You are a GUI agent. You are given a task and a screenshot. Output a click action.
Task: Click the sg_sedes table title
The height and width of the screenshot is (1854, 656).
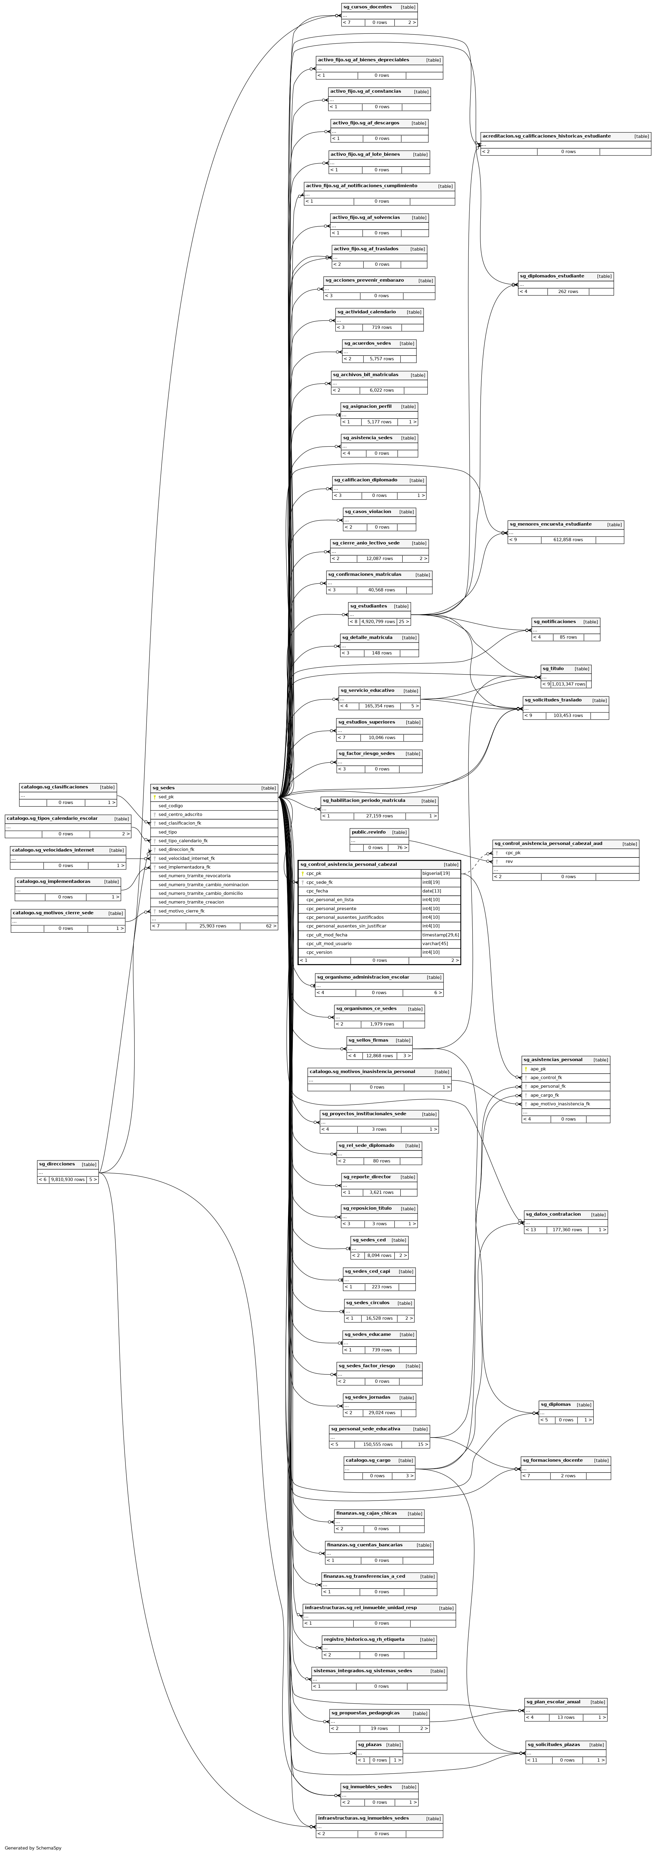[163, 788]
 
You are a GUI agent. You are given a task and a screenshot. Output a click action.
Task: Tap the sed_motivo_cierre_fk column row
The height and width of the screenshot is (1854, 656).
[181, 911]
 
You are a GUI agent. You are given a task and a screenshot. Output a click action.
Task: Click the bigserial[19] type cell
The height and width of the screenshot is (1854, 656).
[436, 874]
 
